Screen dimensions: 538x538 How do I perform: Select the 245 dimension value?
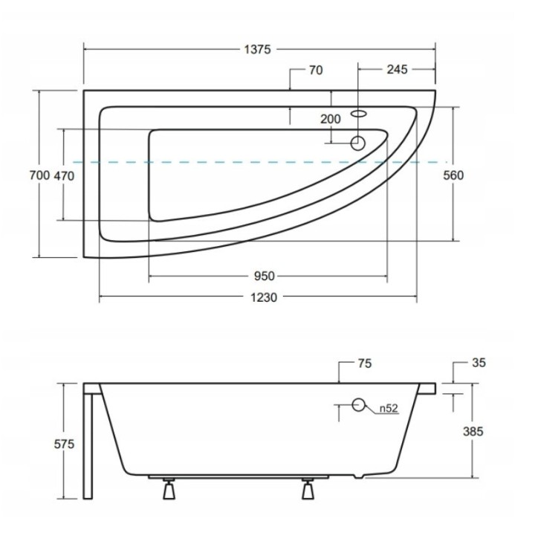coord(398,70)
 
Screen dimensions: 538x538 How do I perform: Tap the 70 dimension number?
coord(315,71)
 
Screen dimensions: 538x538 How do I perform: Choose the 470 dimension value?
coord(65,175)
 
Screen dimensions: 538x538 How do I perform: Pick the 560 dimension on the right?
coord(453,175)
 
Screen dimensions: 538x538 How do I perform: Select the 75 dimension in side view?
coord(364,363)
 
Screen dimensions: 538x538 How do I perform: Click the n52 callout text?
coord(387,407)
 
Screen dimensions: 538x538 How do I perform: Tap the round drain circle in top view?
coord(357,142)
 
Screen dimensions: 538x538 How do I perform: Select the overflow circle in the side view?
coord(359,406)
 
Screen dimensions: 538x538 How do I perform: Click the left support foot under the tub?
coord(169,491)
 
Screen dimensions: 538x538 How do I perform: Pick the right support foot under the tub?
coord(308,491)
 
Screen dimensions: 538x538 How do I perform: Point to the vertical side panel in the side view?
coord(89,446)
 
